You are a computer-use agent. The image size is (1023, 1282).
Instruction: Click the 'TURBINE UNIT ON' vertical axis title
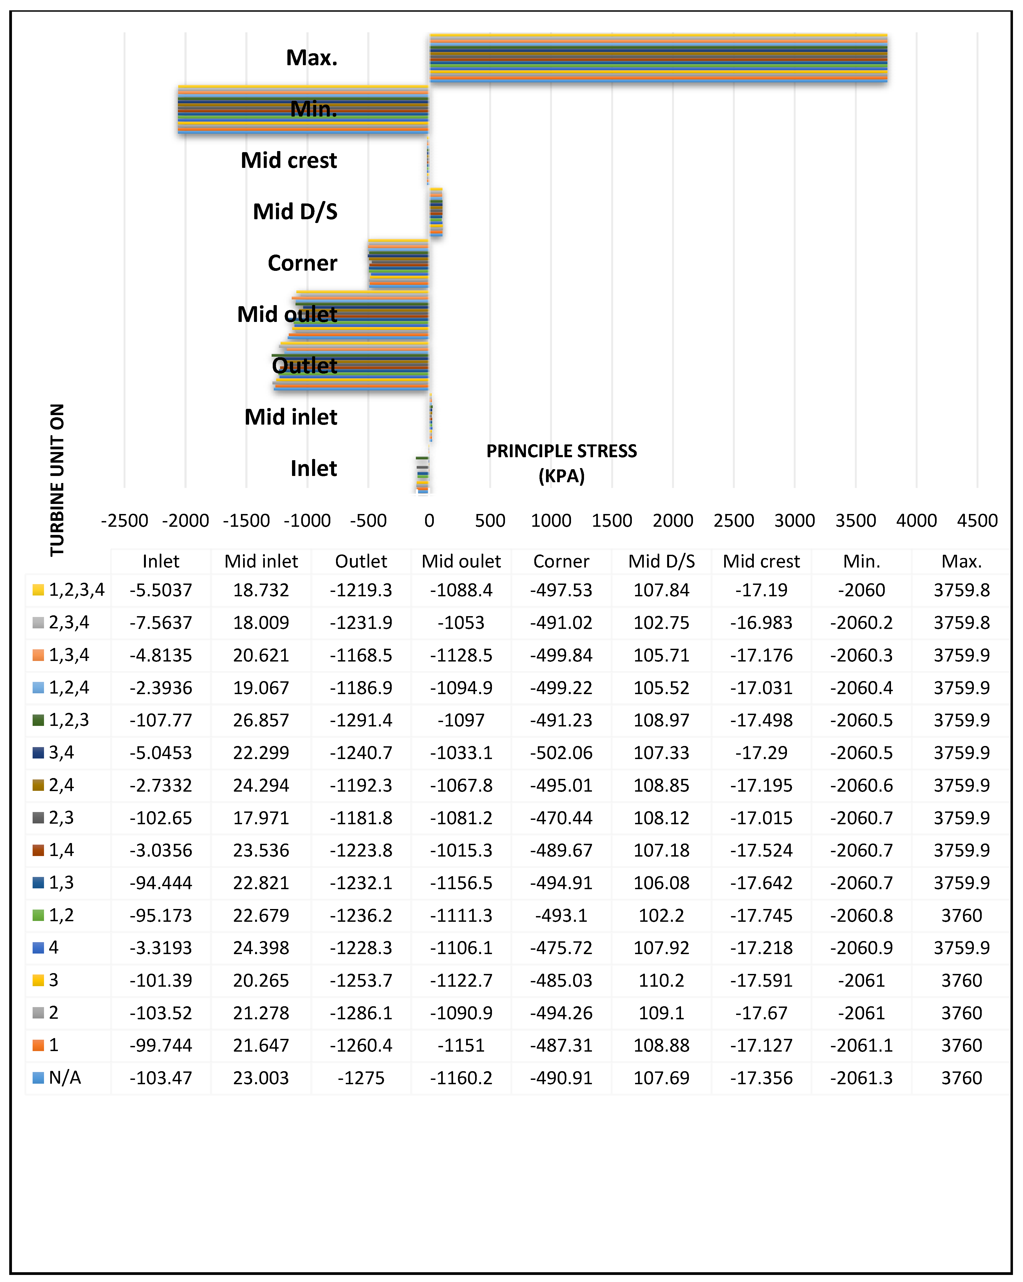pyautogui.click(x=57, y=479)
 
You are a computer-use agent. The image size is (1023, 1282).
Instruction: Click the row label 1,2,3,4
pyautogui.click(x=77, y=590)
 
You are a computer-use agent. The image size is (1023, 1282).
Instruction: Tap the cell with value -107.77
pyautogui.click(x=161, y=720)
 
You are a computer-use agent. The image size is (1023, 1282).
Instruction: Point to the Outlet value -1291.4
pyautogui.click(x=361, y=720)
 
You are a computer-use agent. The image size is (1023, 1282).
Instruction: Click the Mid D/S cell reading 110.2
pyautogui.click(x=661, y=980)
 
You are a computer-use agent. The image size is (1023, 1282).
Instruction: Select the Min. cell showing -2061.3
pyautogui.click(x=861, y=1077)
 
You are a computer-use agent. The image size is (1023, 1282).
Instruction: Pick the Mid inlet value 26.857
pyautogui.click(x=261, y=720)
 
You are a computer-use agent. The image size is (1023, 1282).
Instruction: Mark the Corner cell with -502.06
pyautogui.click(x=561, y=753)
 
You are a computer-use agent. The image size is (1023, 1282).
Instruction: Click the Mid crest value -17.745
pyautogui.click(x=761, y=915)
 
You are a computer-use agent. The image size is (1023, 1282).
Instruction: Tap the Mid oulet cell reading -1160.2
pyautogui.click(x=461, y=1077)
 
